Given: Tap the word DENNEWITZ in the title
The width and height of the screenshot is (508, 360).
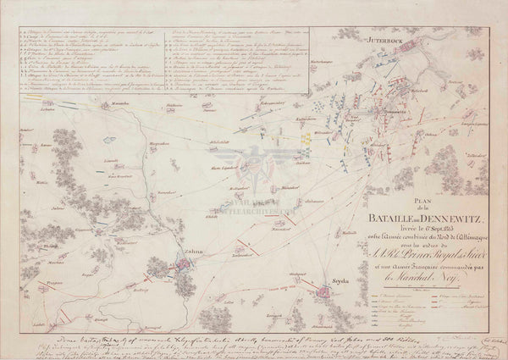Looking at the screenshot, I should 458,208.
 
